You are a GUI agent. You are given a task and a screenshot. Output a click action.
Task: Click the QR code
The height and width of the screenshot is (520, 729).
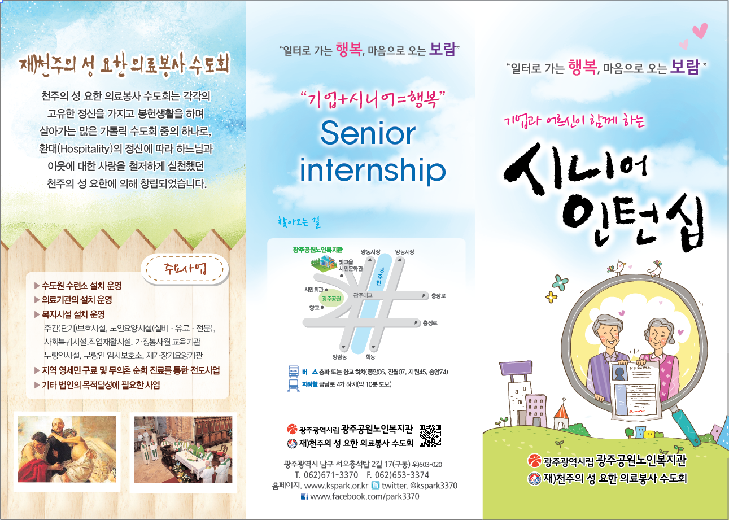tap(430, 435)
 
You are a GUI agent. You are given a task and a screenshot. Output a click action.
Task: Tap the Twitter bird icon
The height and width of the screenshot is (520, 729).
tap(376, 486)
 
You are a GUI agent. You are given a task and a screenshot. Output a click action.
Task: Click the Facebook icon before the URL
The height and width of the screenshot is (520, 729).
tap(304, 497)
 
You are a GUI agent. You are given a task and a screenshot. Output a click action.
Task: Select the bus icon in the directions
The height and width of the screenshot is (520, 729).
tap(293, 372)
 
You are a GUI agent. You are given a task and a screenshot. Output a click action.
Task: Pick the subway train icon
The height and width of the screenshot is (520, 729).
tap(293, 385)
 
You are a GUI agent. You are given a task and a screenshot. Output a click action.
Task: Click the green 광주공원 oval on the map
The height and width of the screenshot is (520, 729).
tap(331, 299)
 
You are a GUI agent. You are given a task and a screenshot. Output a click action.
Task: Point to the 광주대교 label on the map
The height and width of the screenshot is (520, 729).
tap(363, 295)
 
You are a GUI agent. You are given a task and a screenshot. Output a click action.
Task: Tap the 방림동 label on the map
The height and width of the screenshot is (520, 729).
tap(339, 357)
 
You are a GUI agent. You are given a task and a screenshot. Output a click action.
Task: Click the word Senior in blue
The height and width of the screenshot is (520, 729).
tap(368, 133)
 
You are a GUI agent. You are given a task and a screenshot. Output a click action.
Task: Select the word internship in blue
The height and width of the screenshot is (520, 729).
tap(372, 169)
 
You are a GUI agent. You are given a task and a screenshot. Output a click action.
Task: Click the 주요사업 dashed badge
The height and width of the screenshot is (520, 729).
tap(185, 269)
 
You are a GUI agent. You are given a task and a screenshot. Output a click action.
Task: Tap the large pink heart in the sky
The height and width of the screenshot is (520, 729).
tap(700, 31)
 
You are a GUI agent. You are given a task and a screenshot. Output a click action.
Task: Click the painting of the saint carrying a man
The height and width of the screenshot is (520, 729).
tap(67, 449)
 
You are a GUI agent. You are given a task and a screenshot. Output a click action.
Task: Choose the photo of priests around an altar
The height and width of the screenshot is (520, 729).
tap(183, 449)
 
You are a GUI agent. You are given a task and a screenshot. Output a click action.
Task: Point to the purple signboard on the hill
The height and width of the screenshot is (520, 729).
tap(516, 368)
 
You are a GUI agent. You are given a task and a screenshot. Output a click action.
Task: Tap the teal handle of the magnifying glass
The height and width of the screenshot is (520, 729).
tap(687, 427)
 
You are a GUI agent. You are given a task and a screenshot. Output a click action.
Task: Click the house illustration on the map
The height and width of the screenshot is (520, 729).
tap(324, 263)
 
